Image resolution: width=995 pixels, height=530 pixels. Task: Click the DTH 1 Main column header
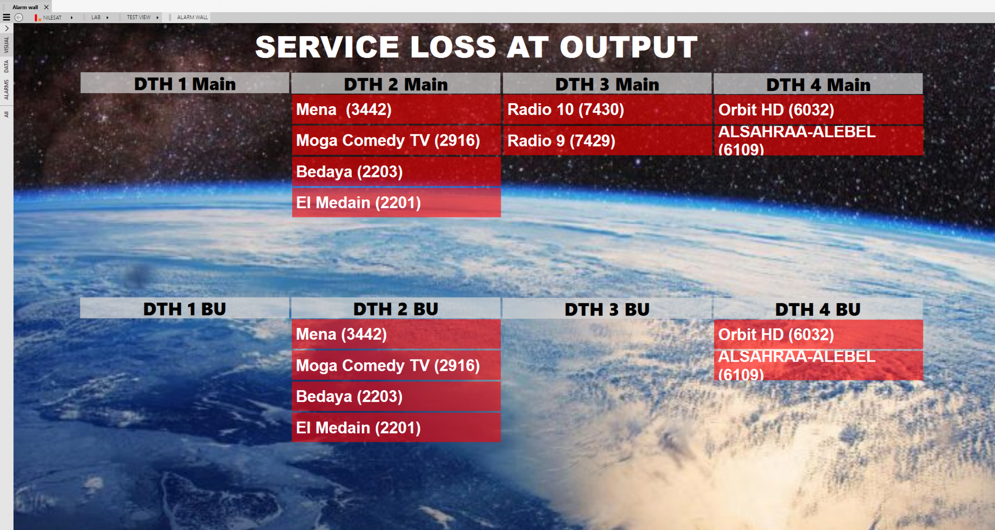click(x=185, y=84)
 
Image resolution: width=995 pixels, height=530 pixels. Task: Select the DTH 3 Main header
click(x=607, y=84)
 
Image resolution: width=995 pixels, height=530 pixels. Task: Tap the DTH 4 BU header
click(x=818, y=309)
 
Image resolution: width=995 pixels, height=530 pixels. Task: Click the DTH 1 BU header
click(x=185, y=309)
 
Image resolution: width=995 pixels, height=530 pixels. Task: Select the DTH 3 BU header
click(x=607, y=309)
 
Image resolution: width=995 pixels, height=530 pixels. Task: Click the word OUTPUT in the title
click(x=629, y=47)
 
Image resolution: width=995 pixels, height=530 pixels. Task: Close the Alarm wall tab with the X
click(x=46, y=7)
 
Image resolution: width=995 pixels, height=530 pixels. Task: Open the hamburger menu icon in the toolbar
click(x=6, y=17)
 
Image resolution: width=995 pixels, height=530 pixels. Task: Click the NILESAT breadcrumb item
click(x=52, y=18)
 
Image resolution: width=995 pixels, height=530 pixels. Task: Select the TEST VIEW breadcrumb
click(x=138, y=17)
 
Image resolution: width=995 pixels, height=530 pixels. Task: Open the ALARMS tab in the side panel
click(x=6, y=90)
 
